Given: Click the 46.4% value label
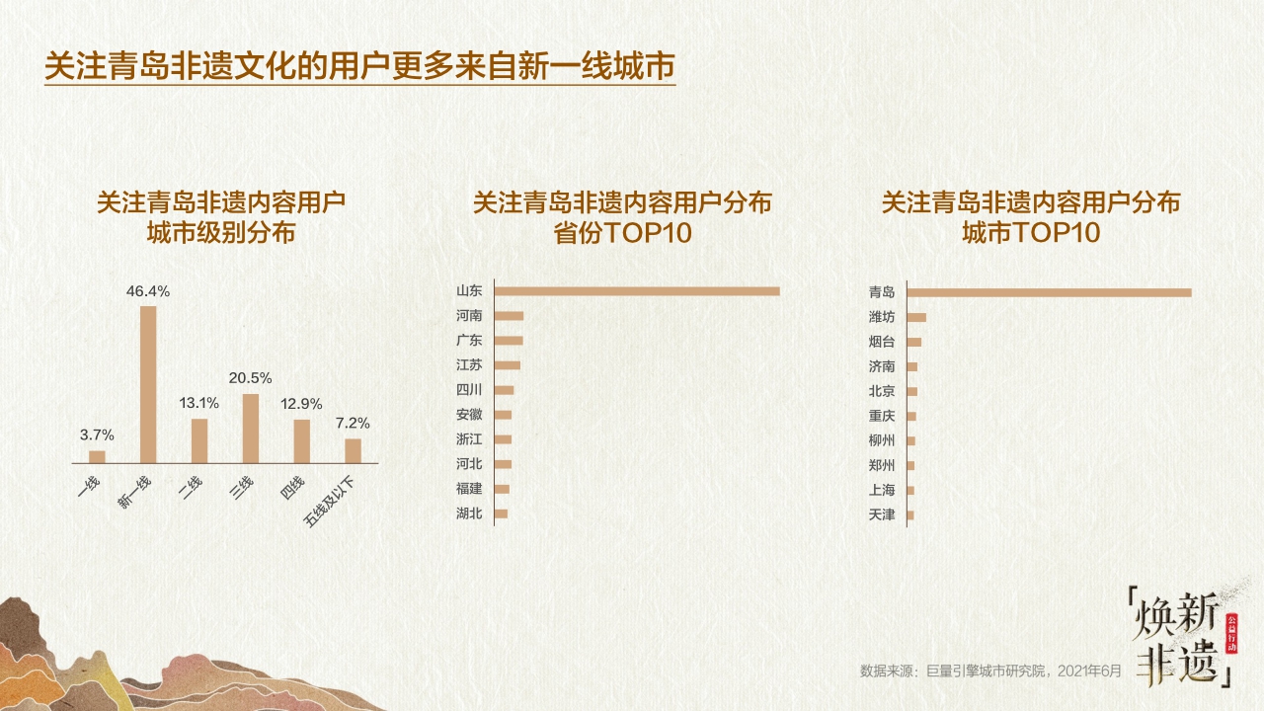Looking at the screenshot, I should pyautogui.click(x=148, y=291).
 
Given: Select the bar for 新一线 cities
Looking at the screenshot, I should pyautogui.click(x=148, y=384).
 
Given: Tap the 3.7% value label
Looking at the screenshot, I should pyautogui.click(x=97, y=434).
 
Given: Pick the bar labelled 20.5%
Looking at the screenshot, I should pyautogui.click(x=251, y=429).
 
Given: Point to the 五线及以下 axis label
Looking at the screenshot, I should pyautogui.click(x=336, y=500).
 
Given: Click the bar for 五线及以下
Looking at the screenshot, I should pyautogui.click(x=353, y=450).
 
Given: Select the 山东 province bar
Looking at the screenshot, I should pyautogui.click(x=637, y=290).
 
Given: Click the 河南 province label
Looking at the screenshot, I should pyautogui.click(x=469, y=316).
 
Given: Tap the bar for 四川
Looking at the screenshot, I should pyautogui.click(x=504, y=390).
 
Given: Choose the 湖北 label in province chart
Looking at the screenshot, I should pyautogui.click(x=469, y=513).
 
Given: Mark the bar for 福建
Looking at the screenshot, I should pyautogui.click(x=502, y=489).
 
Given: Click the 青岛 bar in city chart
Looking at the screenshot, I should pyautogui.click(x=1049, y=292).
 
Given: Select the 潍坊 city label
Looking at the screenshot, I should pyautogui.click(x=881, y=317).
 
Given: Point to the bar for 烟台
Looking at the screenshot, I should pyautogui.click(x=913, y=342).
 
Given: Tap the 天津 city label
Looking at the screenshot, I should pyautogui.click(x=881, y=514).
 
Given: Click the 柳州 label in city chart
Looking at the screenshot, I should pyautogui.click(x=881, y=440).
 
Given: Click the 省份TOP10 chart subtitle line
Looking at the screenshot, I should pyautogui.click(x=621, y=234).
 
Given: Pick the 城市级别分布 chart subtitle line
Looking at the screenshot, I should pyautogui.click(x=220, y=234).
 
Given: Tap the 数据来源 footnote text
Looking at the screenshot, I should pyautogui.click(x=991, y=671).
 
